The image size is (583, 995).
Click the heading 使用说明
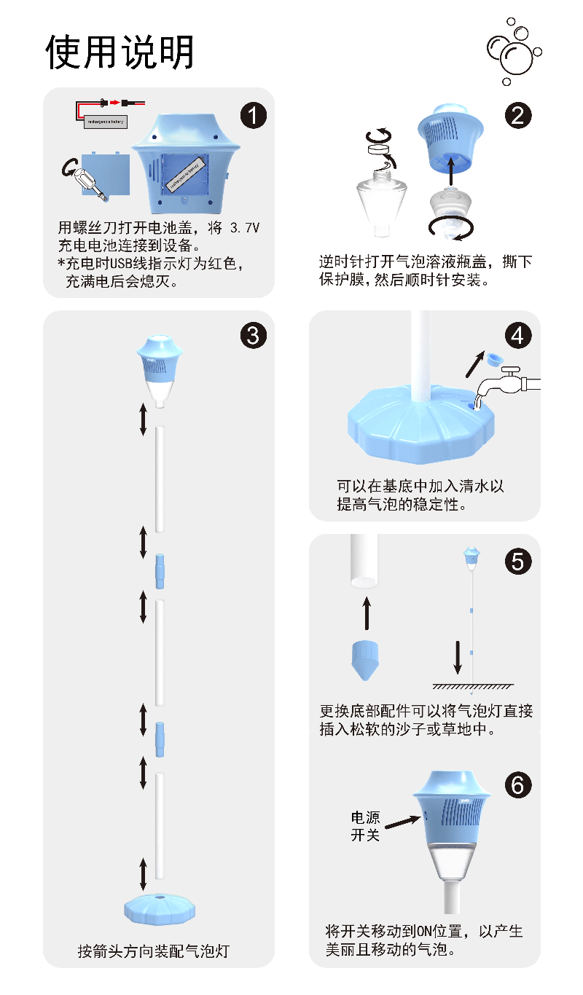pyautogui.click(x=120, y=52)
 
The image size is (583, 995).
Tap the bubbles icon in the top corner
pyautogui.click(x=514, y=52)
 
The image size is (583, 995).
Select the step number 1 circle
pyautogui.click(x=254, y=115)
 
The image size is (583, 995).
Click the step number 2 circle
pyautogui.click(x=517, y=115)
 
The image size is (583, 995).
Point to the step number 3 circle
pyautogui.click(x=254, y=335)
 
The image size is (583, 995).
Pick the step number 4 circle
pyautogui.click(x=517, y=335)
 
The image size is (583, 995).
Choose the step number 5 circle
pyautogui.click(x=517, y=561)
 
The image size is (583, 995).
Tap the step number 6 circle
pyautogui.click(x=517, y=784)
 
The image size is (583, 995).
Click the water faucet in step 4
pyautogui.click(x=510, y=382)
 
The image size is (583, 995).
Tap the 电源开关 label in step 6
pyautogui.click(x=366, y=826)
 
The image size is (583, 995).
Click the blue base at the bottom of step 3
pyautogui.click(x=159, y=907)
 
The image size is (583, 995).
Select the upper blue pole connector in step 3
pyautogui.click(x=160, y=570)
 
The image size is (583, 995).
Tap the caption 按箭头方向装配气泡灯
pyautogui.click(x=153, y=951)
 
